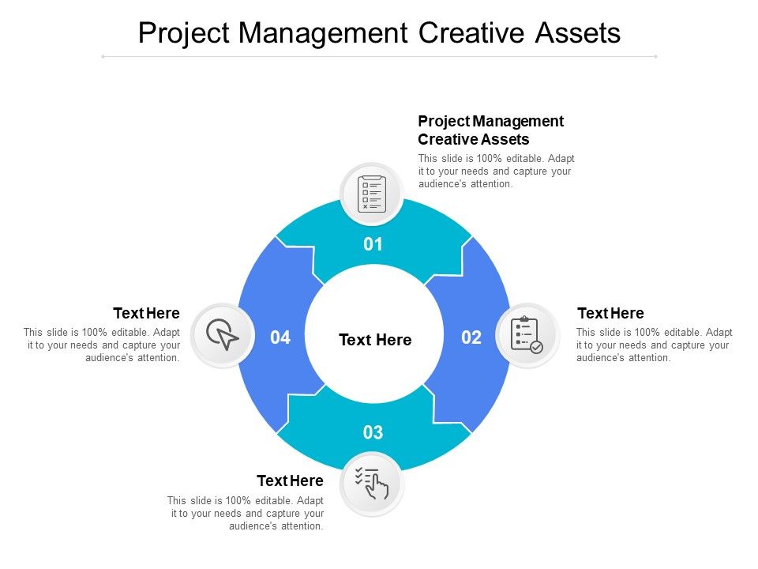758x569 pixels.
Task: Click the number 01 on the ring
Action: click(373, 244)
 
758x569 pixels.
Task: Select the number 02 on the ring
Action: click(471, 337)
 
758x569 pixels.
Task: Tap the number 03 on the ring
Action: click(373, 432)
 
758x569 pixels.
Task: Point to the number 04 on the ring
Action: click(280, 337)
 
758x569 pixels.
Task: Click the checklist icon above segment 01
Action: click(372, 194)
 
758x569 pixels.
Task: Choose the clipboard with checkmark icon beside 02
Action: click(527, 335)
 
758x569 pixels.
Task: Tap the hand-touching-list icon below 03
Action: click(372, 483)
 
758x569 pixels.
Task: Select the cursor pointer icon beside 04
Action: click(223, 335)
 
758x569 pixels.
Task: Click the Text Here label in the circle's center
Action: click(375, 340)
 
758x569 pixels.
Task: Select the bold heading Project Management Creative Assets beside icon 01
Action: click(490, 130)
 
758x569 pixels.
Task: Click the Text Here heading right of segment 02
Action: click(610, 313)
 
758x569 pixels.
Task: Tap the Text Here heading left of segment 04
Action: click(146, 313)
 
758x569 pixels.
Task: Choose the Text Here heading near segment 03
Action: click(290, 480)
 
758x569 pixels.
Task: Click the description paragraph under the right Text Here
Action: click(654, 345)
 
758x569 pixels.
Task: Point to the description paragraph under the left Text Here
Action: click(102, 345)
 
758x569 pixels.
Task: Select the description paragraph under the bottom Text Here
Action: click(246, 513)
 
